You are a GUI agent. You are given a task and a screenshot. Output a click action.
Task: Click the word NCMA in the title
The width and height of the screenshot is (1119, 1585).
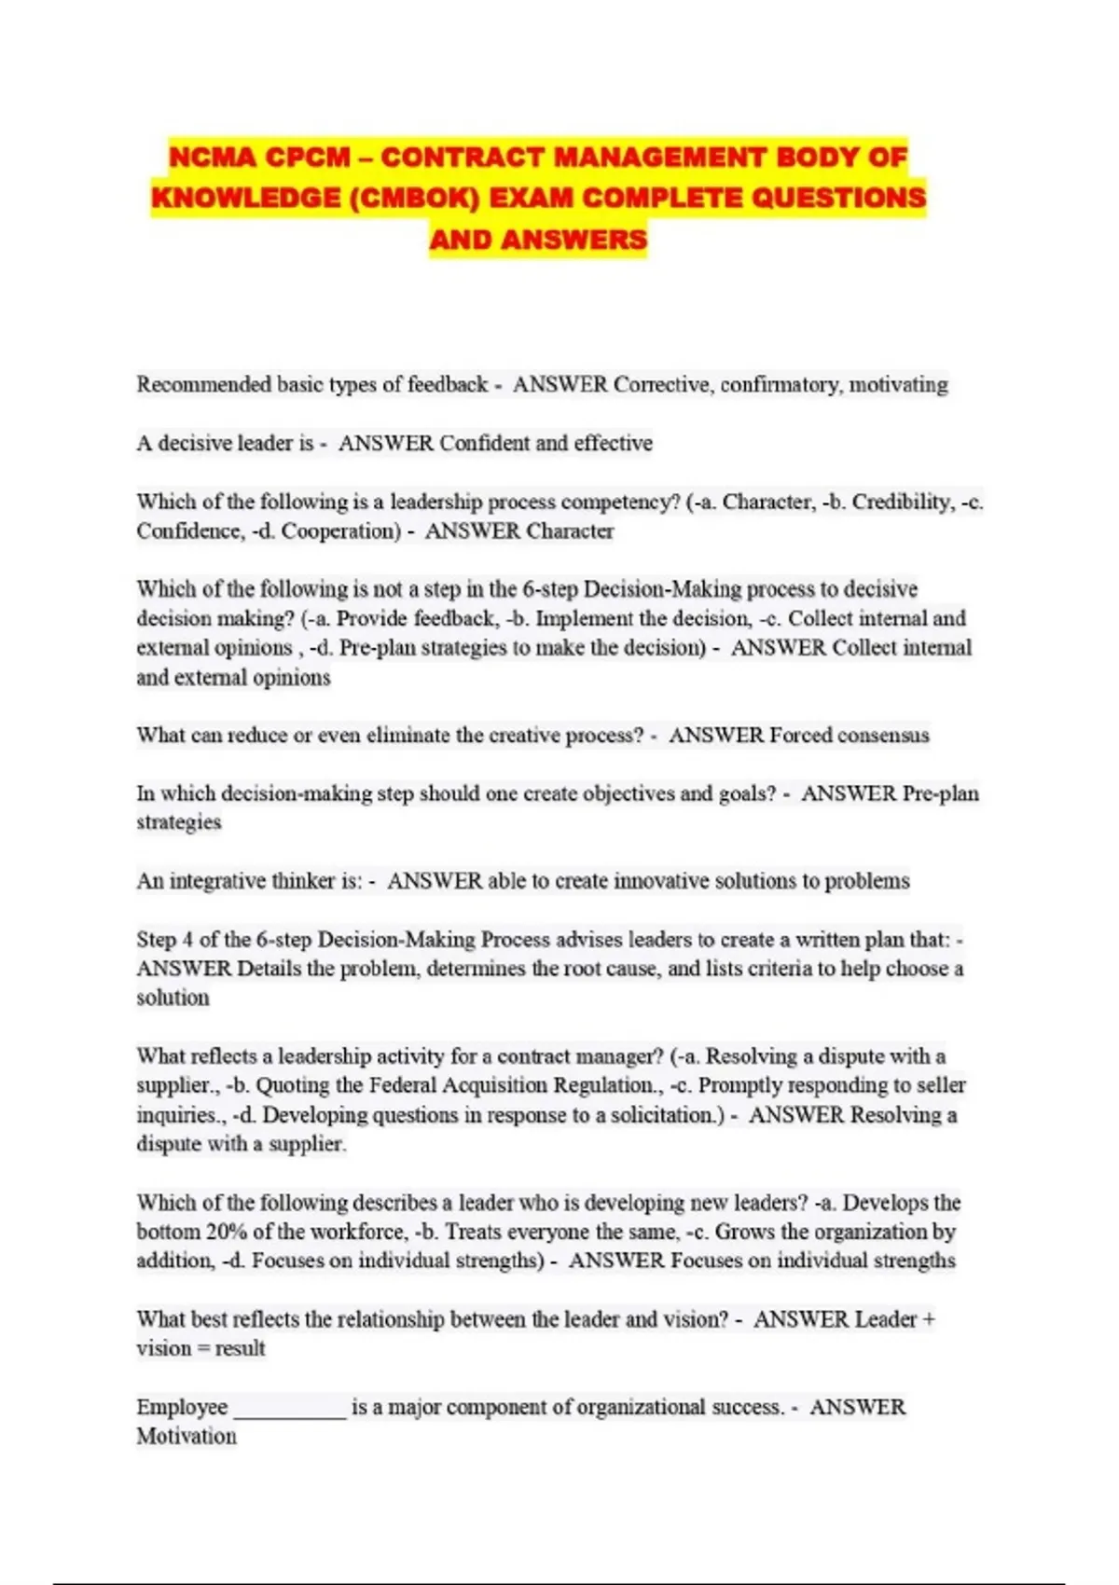tap(212, 157)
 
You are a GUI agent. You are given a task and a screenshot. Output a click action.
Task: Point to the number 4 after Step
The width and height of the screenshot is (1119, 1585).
tap(187, 940)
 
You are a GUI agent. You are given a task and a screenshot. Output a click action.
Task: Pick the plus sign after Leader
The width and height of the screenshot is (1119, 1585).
tap(928, 1319)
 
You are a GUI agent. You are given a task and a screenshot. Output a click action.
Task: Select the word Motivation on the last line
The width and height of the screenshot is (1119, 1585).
tap(186, 1436)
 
